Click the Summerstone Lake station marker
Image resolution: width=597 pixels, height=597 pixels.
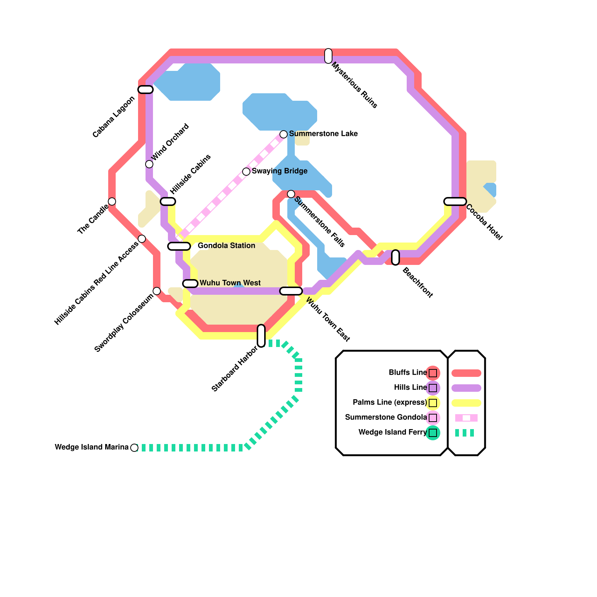pos(284,134)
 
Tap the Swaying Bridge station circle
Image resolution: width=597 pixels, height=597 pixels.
pos(246,172)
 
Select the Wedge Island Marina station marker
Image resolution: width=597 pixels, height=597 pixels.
pos(134,448)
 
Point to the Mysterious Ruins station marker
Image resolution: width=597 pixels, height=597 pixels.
pos(328,56)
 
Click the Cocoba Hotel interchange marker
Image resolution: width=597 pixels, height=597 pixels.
pos(455,201)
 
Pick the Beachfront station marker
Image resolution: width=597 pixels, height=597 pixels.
pos(396,257)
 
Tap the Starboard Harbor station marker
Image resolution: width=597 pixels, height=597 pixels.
pos(261,336)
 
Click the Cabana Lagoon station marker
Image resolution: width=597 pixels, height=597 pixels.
pos(146,90)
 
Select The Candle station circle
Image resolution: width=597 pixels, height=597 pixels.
pos(112,201)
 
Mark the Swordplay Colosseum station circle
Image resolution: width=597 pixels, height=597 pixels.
pos(157,291)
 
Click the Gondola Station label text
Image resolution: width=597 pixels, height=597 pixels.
pos(226,246)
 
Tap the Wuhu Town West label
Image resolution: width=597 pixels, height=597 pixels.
pos(230,283)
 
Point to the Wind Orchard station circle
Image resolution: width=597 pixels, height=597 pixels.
pos(149,164)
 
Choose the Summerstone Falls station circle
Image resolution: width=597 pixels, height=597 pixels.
pos(291,194)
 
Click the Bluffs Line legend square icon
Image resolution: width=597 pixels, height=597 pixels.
pos(433,373)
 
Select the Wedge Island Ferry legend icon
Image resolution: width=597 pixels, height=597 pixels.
pos(433,433)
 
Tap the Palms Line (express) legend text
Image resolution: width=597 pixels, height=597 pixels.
pos(390,403)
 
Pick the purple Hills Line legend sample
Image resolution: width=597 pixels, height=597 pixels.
pos(466,388)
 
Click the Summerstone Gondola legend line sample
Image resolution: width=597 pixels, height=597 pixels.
pos(466,418)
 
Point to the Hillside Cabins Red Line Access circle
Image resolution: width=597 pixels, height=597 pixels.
pos(142,239)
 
